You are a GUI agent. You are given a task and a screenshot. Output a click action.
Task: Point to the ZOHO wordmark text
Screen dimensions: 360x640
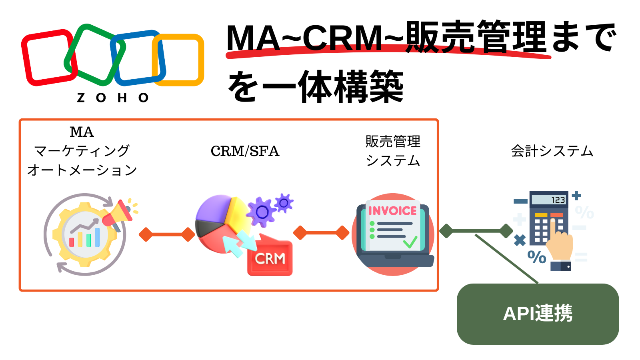click(x=113, y=98)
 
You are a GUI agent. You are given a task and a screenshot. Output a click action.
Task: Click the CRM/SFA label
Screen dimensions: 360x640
click(x=245, y=151)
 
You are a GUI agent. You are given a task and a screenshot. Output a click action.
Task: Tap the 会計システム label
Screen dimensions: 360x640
click(x=552, y=151)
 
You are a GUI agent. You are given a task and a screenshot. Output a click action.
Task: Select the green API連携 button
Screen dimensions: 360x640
click(x=538, y=314)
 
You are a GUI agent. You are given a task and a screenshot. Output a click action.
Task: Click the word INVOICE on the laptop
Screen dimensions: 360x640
click(x=392, y=211)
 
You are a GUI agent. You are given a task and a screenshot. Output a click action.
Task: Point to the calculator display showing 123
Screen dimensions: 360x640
click(x=549, y=199)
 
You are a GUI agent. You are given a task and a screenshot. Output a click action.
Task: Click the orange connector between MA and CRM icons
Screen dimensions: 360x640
click(x=166, y=234)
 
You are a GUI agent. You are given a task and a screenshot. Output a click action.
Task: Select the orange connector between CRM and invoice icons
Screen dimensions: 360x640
click(x=321, y=232)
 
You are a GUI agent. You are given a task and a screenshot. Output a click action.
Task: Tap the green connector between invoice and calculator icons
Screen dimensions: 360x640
click(x=476, y=231)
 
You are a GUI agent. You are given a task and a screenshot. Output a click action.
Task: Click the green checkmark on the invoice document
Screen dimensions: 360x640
click(x=410, y=242)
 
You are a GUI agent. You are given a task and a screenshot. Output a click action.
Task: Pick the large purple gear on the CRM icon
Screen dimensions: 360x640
click(x=261, y=212)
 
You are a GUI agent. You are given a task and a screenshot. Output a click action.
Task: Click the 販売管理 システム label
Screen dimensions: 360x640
click(x=393, y=151)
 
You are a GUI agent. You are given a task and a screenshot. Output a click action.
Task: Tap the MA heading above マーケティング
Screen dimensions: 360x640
click(x=82, y=132)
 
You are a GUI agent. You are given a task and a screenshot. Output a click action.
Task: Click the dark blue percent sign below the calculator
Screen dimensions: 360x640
click(x=537, y=257)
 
